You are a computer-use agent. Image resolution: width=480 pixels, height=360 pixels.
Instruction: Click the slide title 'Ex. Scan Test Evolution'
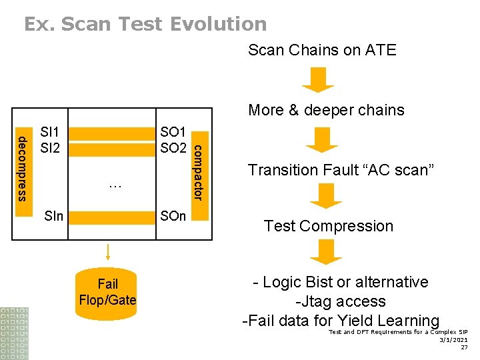point(145,24)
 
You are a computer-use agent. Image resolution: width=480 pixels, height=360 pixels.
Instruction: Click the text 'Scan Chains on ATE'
point(322,50)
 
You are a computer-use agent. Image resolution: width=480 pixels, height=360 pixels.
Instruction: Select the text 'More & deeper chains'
point(326,110)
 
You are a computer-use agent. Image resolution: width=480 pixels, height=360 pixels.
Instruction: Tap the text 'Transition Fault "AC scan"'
point(341,170)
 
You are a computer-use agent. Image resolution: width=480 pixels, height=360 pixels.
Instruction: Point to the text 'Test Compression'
point(329,226)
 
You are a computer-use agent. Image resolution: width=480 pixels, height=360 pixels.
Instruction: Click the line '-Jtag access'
point(341,301)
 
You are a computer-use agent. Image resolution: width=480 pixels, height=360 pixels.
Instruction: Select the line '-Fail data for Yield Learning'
point(341,321)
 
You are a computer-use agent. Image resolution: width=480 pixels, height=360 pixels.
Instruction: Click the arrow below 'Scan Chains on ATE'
point(318,79)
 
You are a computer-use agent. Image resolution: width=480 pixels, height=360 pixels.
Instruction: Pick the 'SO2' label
point(173,147)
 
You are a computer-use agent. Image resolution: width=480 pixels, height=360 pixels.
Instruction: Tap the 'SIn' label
point(53,217)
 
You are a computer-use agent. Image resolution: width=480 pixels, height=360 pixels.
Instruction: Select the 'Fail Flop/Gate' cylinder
point(107,292)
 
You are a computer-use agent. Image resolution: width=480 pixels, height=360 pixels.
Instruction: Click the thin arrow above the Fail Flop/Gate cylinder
point(107,253)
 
